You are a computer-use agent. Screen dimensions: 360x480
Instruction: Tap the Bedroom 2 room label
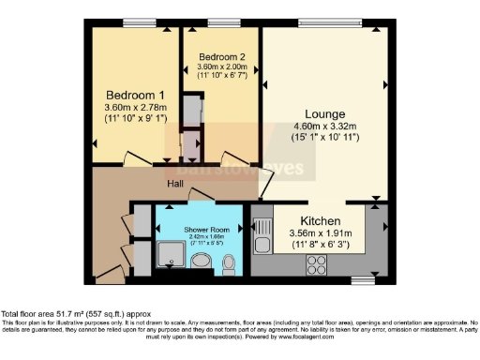pos(222,57)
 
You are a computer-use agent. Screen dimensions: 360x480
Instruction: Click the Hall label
pos(175,184)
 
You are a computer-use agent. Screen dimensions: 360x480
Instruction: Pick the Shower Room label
pos(202,229)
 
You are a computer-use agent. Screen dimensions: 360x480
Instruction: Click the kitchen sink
pos(263,232)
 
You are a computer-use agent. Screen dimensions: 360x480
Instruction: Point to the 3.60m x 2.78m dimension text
pos(135,111)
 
